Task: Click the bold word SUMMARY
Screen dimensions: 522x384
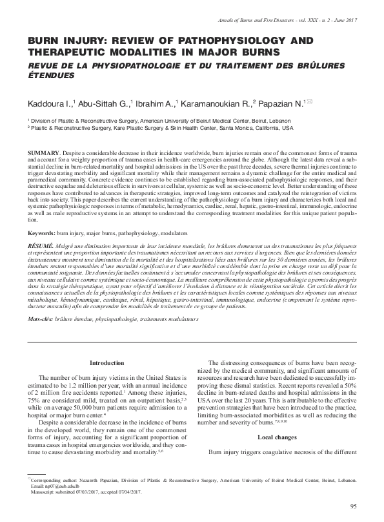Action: coord(41,149)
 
